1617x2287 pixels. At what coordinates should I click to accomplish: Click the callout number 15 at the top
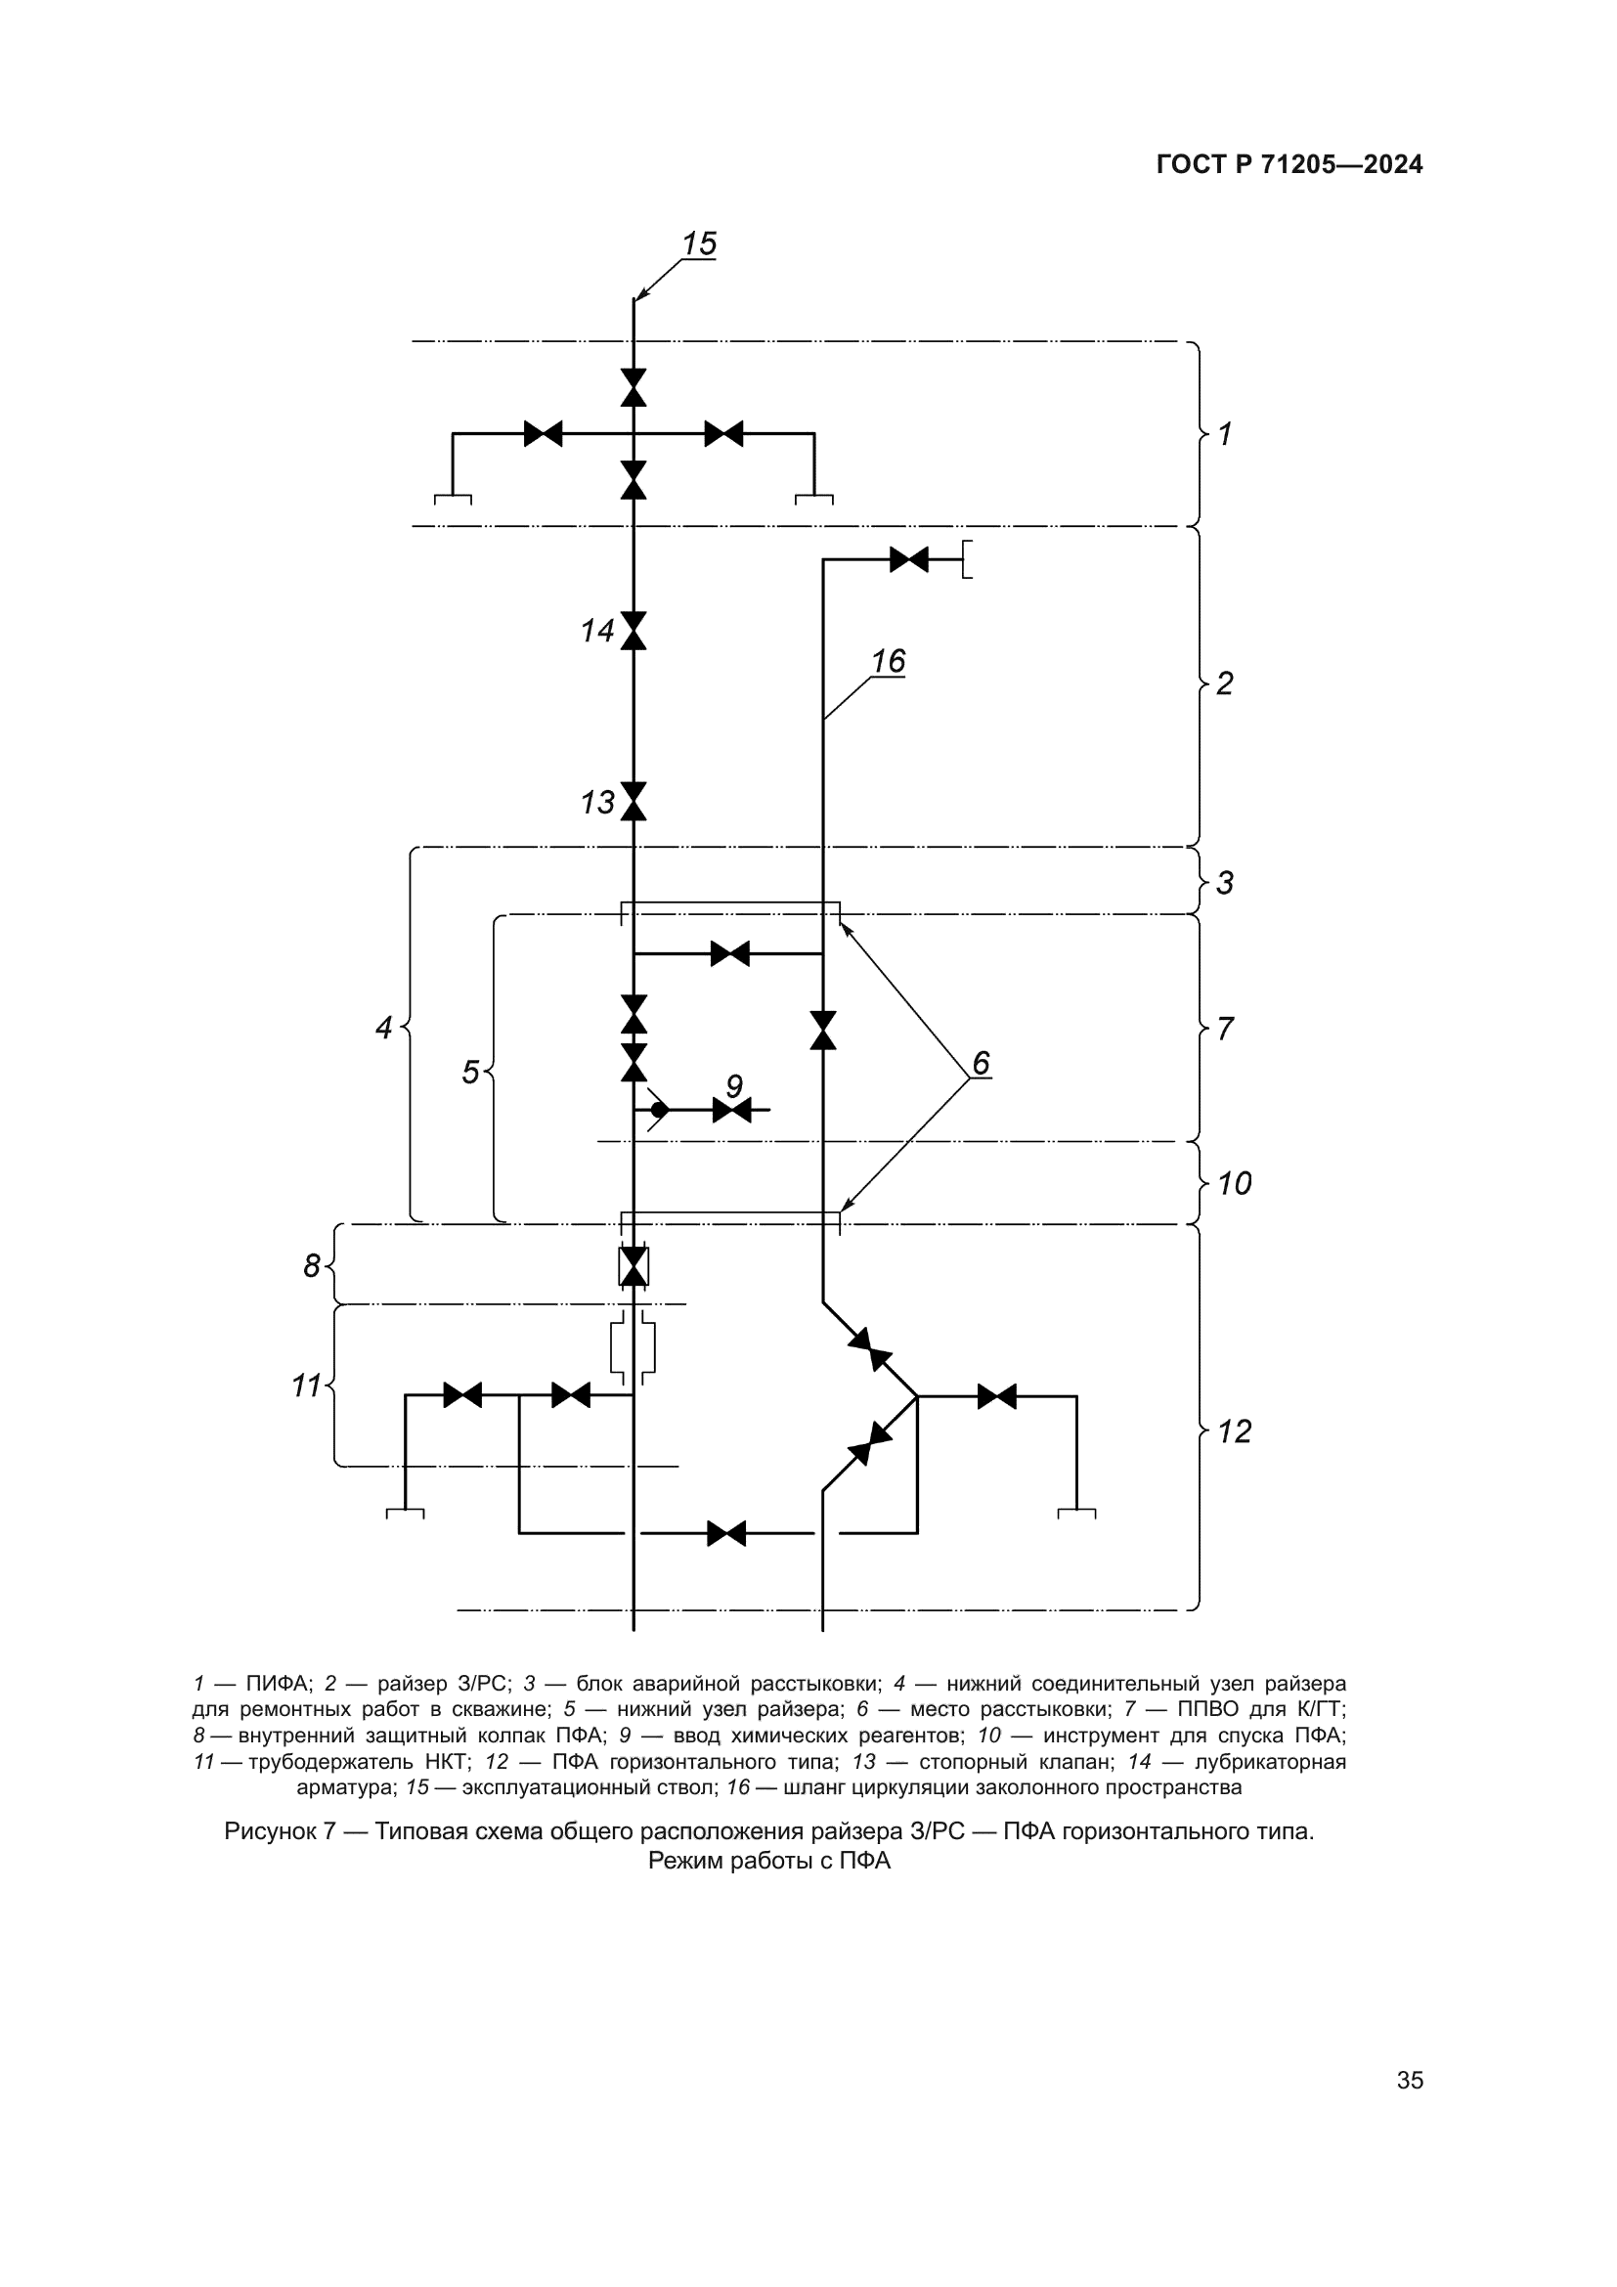click(699, 244)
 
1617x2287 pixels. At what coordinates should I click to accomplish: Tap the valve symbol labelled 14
click(634, 631)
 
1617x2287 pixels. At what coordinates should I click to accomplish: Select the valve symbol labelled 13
click(634, 801)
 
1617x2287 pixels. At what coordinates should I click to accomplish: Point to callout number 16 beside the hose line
click(888, 661)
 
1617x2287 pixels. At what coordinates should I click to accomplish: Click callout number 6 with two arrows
click(981, 1063)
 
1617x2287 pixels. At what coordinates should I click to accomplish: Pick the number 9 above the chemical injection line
click(734, 1085)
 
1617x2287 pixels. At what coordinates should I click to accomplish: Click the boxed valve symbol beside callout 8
click(634, 1266)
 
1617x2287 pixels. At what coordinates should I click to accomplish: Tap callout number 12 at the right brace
click(1235, 1431)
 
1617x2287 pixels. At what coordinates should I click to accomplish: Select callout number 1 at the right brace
click(1225, 433)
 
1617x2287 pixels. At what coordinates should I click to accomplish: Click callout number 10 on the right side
click(1235, 1183)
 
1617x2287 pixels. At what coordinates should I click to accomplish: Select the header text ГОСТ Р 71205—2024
click(1289, 164)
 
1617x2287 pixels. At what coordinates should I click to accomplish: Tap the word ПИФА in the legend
click(278, 1684)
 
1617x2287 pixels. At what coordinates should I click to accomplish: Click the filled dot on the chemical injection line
click(659, 1109)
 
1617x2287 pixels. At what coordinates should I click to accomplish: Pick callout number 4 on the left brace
click(383, 1027)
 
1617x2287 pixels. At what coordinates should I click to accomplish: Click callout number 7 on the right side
click(1225, 1028)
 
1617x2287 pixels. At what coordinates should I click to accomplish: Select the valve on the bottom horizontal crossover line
click(725, 1533)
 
